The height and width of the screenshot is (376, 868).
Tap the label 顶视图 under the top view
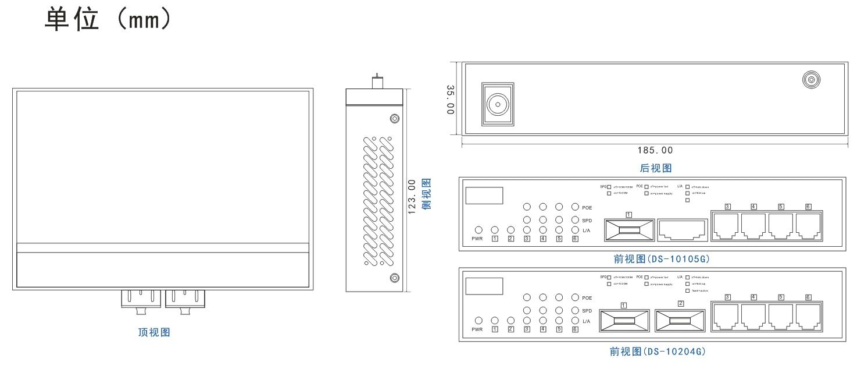point(153,333)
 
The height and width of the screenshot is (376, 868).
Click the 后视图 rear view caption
point(656,168)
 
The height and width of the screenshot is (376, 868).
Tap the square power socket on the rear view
point(496,105)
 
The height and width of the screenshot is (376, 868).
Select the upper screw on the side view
point(394,119)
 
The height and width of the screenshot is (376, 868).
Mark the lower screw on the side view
point(394,278)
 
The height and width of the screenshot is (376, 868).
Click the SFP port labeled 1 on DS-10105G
point(629,229)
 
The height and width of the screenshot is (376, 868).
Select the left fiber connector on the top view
point(140,299)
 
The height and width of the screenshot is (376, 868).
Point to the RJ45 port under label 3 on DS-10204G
point(727,318)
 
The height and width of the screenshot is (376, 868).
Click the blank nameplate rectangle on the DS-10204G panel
point(484,286)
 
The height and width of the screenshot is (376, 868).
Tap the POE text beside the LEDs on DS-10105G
point(587,207)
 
